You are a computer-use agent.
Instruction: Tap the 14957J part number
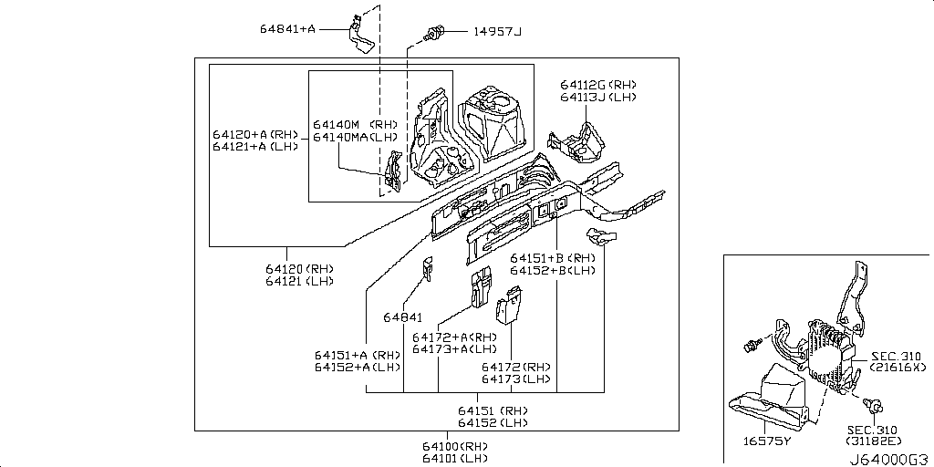[x=497, y=31]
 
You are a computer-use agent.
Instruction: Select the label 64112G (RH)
[x=598, y=84]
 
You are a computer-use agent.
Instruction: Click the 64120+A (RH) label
[x=256, y=133]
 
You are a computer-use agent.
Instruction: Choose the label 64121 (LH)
[x=300, y=282]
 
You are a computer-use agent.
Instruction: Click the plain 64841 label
[x=402, y=317]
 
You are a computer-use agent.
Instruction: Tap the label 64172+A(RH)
[x=454, y=337]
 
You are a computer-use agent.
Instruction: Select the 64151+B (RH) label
[x=553, y=258]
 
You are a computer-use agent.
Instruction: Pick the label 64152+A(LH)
[x=358, y=368]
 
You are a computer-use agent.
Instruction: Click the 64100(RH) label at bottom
[x=454, y=446]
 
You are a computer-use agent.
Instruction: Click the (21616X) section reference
[x=899, y=368]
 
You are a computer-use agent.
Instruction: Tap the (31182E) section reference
[x=874, y=442]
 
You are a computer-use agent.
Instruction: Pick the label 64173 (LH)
[x=516, y=379]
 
